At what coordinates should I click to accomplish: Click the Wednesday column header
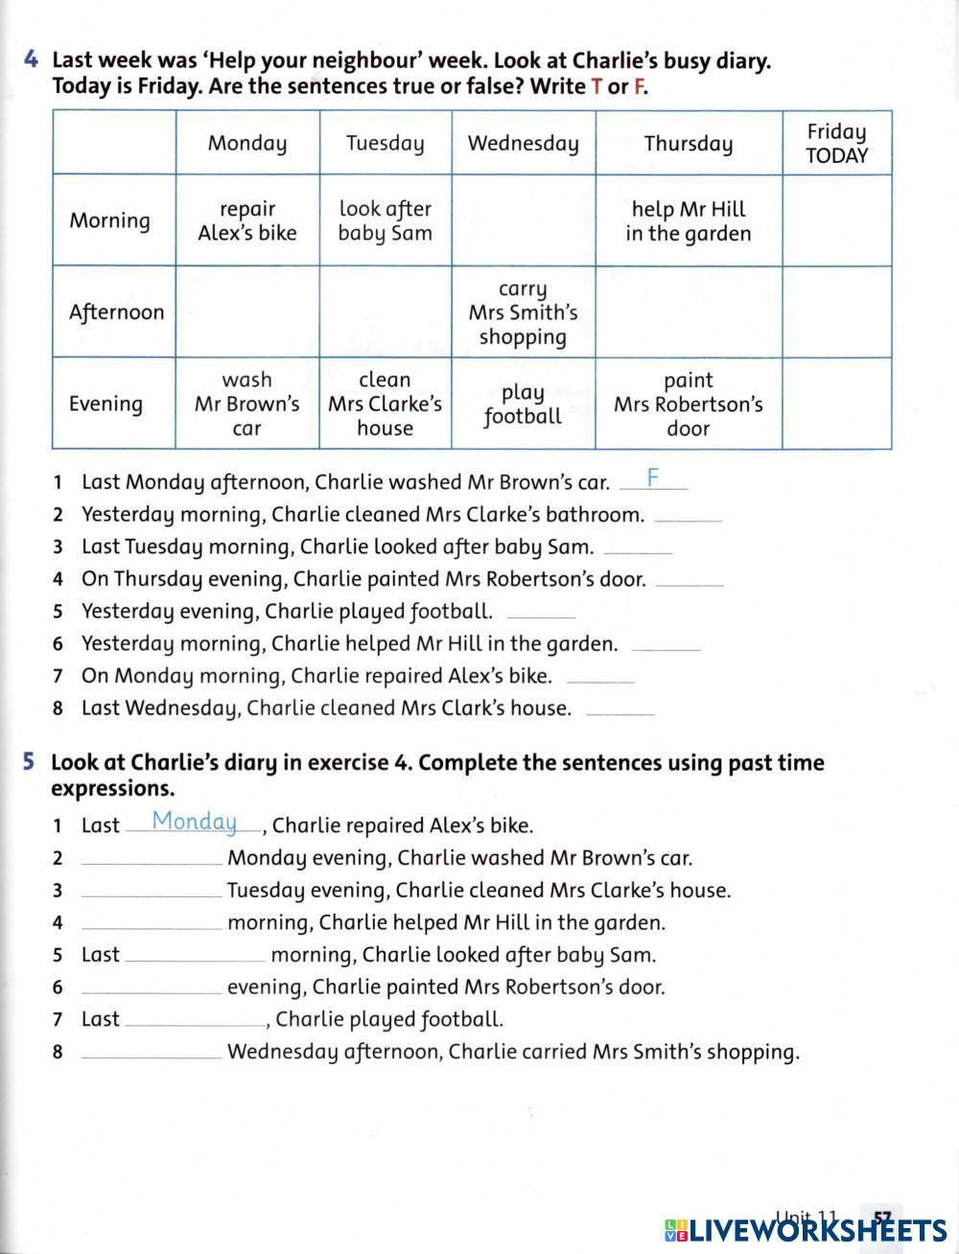click(523, 144)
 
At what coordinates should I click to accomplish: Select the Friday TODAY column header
click(836, 144)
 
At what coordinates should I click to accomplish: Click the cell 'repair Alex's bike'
click(247, 221)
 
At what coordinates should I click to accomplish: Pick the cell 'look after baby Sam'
click(385, 221)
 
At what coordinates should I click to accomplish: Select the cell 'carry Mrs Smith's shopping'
click(523, 313)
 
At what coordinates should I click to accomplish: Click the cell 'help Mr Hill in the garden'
click(688, 221)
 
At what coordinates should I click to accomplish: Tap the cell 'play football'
click(523, 405)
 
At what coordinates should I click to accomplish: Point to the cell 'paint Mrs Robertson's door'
click(688, 405)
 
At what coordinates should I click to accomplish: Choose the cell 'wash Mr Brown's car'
click(247, 405)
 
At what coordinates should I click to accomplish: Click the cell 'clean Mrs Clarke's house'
click(385, 405)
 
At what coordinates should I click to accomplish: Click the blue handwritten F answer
click(653, 477)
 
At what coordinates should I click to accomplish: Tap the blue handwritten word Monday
click(195, 822)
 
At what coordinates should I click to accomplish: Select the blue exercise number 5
click(29, 763)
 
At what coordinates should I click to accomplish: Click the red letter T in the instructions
click(596, 86)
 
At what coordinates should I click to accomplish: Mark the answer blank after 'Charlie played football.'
click(540, 613)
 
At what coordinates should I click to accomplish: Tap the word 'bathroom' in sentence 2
click(594, 515)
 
